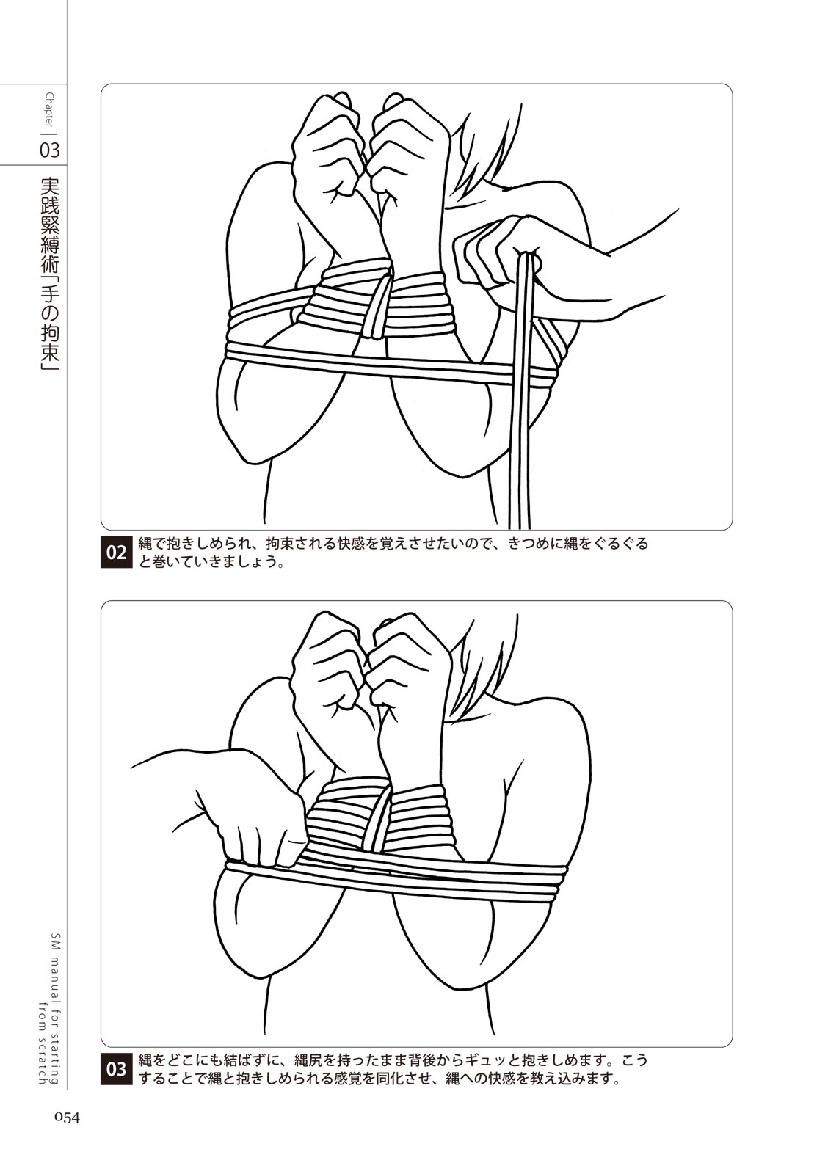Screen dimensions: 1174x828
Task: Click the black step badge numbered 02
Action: coord(116,553)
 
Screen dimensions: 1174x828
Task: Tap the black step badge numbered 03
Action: coord(116,1069)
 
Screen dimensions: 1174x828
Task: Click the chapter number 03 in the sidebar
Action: coord(49,150)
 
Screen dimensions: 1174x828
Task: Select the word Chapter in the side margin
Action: coord(49,110)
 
